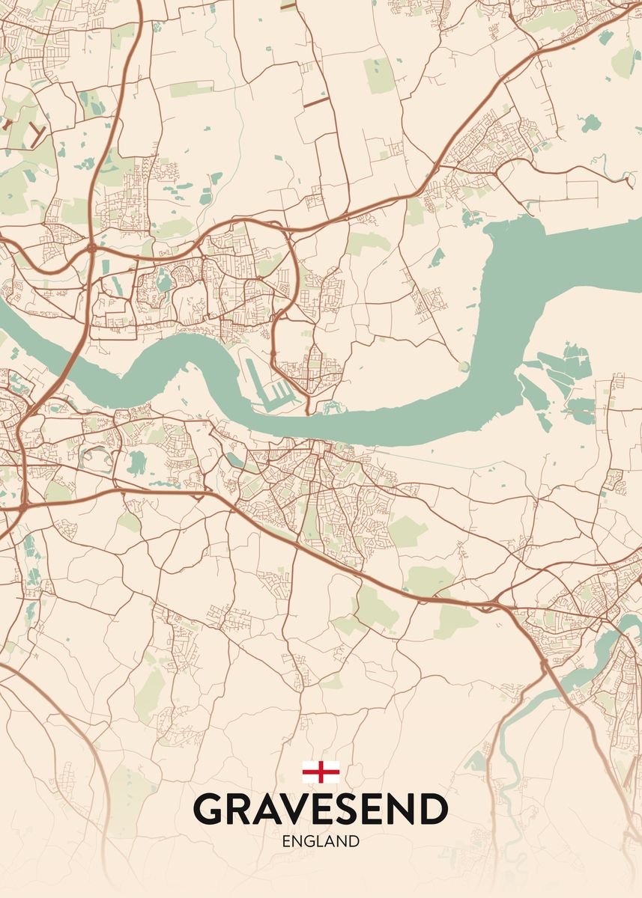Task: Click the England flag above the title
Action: (321, 772)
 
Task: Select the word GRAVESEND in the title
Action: (321, 809)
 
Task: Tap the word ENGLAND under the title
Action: (321, 841)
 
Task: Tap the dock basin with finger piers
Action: (273, 389)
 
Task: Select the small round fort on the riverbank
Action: (464, 366)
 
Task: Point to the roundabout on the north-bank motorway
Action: (91, 246)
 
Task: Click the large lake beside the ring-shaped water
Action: (136, 463)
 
